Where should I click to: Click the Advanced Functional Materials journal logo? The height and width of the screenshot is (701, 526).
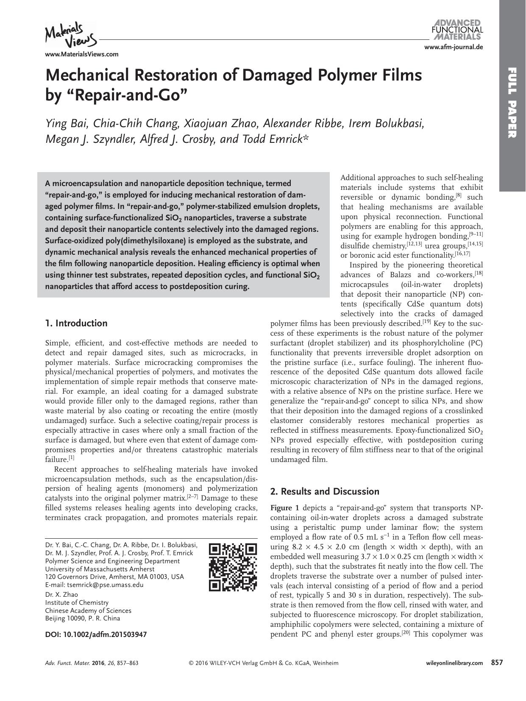coord(457,29)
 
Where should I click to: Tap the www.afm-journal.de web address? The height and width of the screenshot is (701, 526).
coord(454,47)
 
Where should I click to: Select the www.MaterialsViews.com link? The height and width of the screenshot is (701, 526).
coord(81,54)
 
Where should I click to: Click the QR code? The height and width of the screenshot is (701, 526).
coord(233,567)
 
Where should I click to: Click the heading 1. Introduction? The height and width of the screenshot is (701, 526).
coord(76,323)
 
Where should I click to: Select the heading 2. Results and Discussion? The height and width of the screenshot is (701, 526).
coord(325,492)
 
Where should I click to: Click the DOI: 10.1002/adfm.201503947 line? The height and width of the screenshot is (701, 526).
coord(96,634)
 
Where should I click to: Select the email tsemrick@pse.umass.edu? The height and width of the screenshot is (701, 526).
coord(106,585)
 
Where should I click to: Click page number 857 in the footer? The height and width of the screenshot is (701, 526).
coord(497,663)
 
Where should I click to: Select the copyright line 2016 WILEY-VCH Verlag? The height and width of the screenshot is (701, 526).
coord(263,663)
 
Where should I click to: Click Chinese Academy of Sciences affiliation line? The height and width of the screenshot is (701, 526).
coord(88,611)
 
